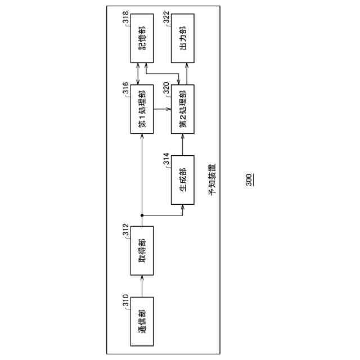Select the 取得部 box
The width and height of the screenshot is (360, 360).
142,250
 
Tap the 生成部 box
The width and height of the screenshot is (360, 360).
182,179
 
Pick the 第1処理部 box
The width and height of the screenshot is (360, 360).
142,110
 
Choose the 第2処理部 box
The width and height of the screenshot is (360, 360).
182,110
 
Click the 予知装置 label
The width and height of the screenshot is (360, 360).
212,180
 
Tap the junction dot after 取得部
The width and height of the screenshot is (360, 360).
142,214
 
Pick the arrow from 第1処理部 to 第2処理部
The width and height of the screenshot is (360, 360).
162,110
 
